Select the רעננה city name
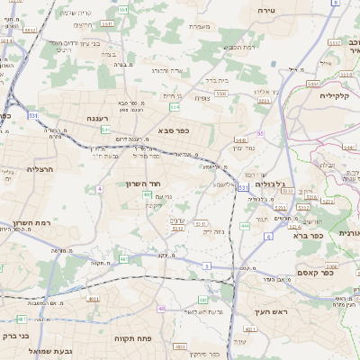point(100,118)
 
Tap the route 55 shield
point(260,133)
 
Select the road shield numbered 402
point(147,193)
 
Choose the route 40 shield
point(161,309)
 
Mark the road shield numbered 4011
point(94,298)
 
